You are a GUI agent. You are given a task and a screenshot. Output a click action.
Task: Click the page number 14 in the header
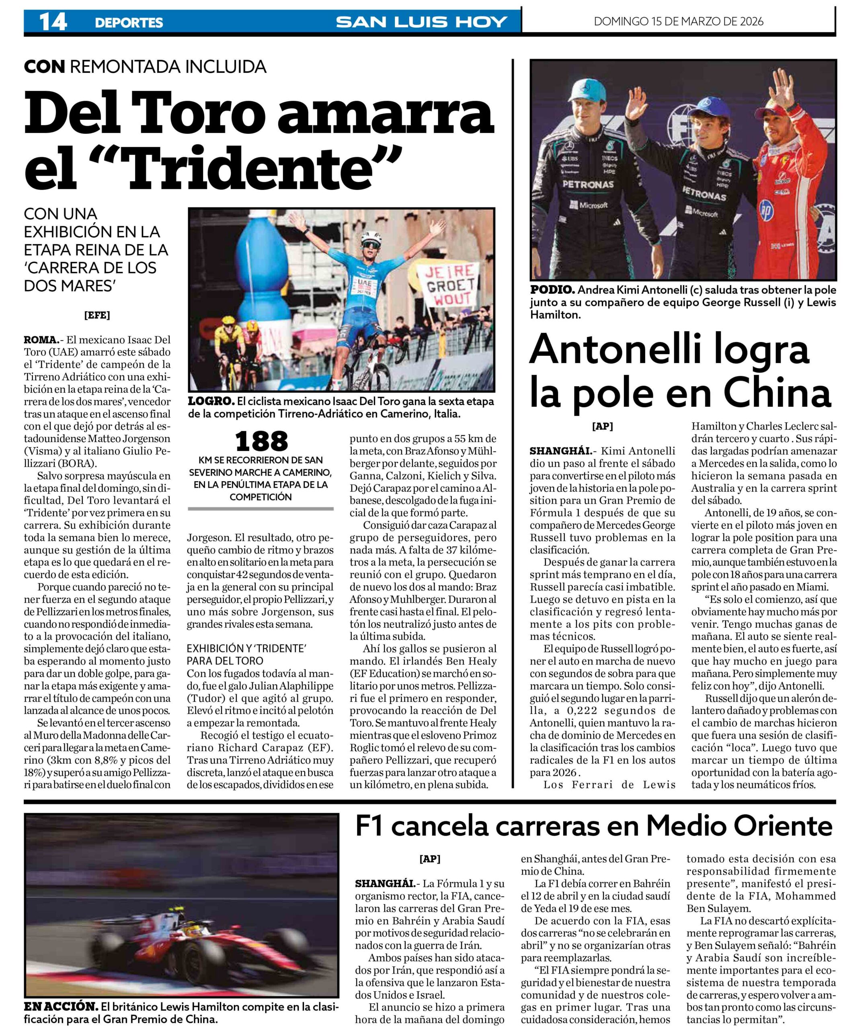pos(53,22)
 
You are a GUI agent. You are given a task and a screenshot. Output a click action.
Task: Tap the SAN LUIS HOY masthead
pos(421,22)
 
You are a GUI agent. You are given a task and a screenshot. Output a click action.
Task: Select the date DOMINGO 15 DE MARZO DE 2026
pos(679,21)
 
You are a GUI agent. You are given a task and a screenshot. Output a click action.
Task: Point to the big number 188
pos(262,441)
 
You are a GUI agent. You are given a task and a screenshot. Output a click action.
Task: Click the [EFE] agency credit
pos(97,315)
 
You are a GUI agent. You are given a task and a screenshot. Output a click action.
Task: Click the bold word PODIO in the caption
pos(552,290)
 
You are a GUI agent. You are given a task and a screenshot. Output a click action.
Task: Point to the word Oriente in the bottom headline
pos(783,826)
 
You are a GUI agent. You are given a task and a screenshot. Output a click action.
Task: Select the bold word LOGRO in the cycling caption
pos(211,402)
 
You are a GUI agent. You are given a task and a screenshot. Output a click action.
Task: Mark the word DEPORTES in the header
pos(129,23)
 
